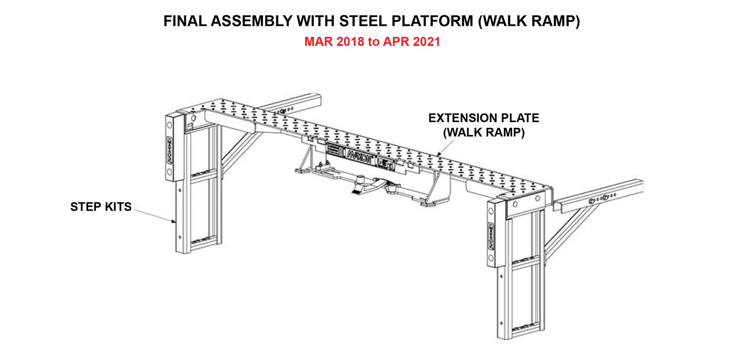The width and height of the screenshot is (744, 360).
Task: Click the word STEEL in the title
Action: [363, 21]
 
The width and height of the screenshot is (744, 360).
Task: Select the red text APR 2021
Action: [412, 42]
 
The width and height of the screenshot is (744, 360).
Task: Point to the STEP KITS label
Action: [101, 207]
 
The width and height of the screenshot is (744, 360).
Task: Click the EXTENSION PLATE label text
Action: [483, 118]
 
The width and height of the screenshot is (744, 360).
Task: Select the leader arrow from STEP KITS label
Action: [155, 215]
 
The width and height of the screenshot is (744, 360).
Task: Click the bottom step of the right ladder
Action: [525, 329]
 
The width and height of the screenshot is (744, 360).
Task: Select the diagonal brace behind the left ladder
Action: [238, 149]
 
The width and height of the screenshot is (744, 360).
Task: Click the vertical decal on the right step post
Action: [491, 236]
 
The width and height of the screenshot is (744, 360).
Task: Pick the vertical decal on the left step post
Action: [169, 150]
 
